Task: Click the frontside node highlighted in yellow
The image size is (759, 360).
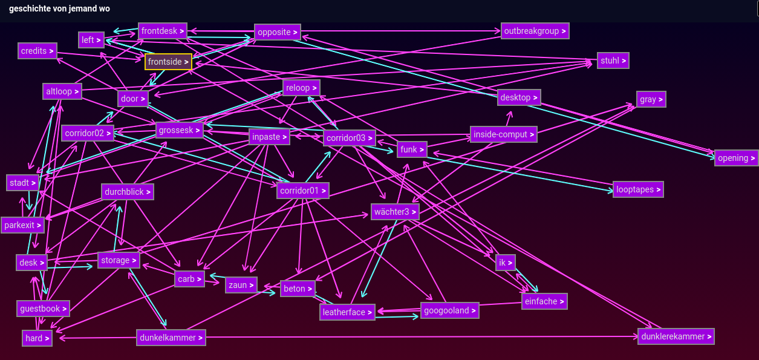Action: click(x=168, y=62)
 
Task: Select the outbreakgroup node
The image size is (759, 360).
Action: click(x=535, y=31)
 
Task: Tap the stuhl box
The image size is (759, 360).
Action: click(x=613, y=61)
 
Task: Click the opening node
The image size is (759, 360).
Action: click(x=736, y=158)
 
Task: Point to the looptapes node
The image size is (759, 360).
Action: click(x=638, y=189)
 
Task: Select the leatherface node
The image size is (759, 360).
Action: click(x=347, y=312)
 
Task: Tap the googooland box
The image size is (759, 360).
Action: click(x=449, y=310)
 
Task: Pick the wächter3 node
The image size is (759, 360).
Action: click(x=395, y=212)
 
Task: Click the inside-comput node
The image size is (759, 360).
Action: click(x=503, y=134)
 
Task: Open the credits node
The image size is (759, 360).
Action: click(x=37, y=51)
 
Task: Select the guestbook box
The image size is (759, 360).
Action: click(x=43, y=309)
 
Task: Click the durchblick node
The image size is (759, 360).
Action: click(x=128, y=192)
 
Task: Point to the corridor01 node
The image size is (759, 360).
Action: click(x=303, y=191)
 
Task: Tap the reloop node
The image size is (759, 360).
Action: click(x=301, y=88)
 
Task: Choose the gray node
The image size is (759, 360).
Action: click(x=651, y=99)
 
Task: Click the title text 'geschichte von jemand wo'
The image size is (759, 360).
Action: click(x=59, y=9)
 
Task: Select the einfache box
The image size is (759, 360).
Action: click(x=544, y=301)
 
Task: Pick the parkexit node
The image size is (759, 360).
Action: click(x=23, y=225)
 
